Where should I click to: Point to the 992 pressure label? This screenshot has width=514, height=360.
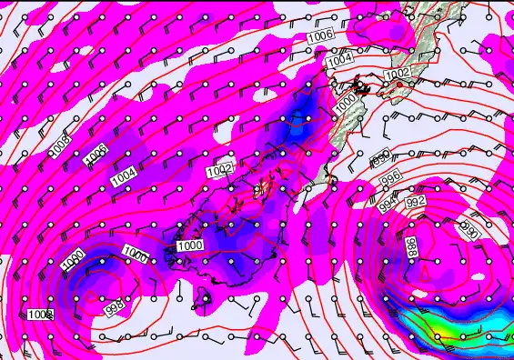tap(415, 201)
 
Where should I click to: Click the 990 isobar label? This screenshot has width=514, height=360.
tap(469, 225)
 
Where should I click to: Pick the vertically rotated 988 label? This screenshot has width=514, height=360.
tap(412, 247)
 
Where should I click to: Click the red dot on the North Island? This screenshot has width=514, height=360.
tap(398, 84)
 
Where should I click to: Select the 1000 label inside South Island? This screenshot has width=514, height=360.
tap(190, 245)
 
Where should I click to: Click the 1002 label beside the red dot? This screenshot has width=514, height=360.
tap(397, 73)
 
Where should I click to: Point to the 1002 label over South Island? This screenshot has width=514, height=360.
tap(220, 169)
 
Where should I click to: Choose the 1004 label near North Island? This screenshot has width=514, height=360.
tap(338, 58)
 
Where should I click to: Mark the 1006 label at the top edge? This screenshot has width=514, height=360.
tap(319, 35)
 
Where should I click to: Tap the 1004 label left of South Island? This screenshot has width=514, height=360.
tap(125, 177)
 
